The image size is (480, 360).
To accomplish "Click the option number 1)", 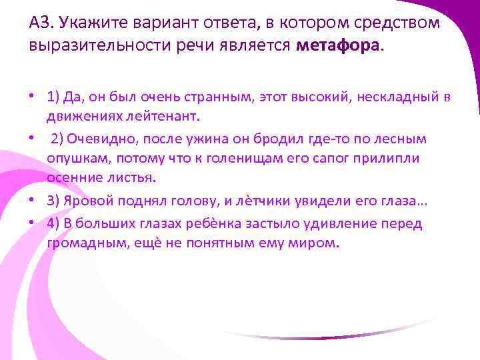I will point(54,97).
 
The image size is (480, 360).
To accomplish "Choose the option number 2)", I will point(59,139).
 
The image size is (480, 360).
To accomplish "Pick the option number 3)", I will point(54,201).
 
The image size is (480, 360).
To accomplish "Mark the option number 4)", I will point(54,223).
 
